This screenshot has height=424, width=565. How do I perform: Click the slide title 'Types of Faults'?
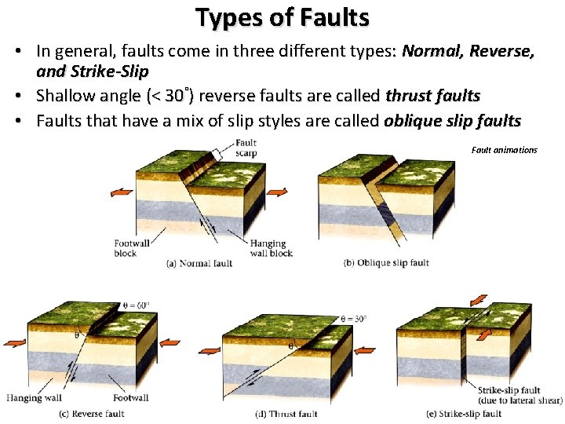coord(282,16)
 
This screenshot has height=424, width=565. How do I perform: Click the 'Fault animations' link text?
coord(505,149)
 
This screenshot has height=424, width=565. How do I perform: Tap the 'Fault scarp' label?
coord(246,148)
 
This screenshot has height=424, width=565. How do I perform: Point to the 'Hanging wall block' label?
coord(271,248)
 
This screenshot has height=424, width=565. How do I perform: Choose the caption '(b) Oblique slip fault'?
coord(386,263)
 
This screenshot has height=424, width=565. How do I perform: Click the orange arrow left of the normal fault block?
coord(122,192)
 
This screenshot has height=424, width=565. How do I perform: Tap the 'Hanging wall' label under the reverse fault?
coord(35,398)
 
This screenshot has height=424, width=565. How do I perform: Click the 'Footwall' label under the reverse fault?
coord(129,398)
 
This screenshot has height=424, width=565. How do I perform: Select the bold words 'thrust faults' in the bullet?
coord(433,96)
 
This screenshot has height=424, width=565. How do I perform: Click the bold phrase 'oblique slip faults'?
coord(452,121)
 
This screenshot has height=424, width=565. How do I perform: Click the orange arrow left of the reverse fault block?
coord(15,342)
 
